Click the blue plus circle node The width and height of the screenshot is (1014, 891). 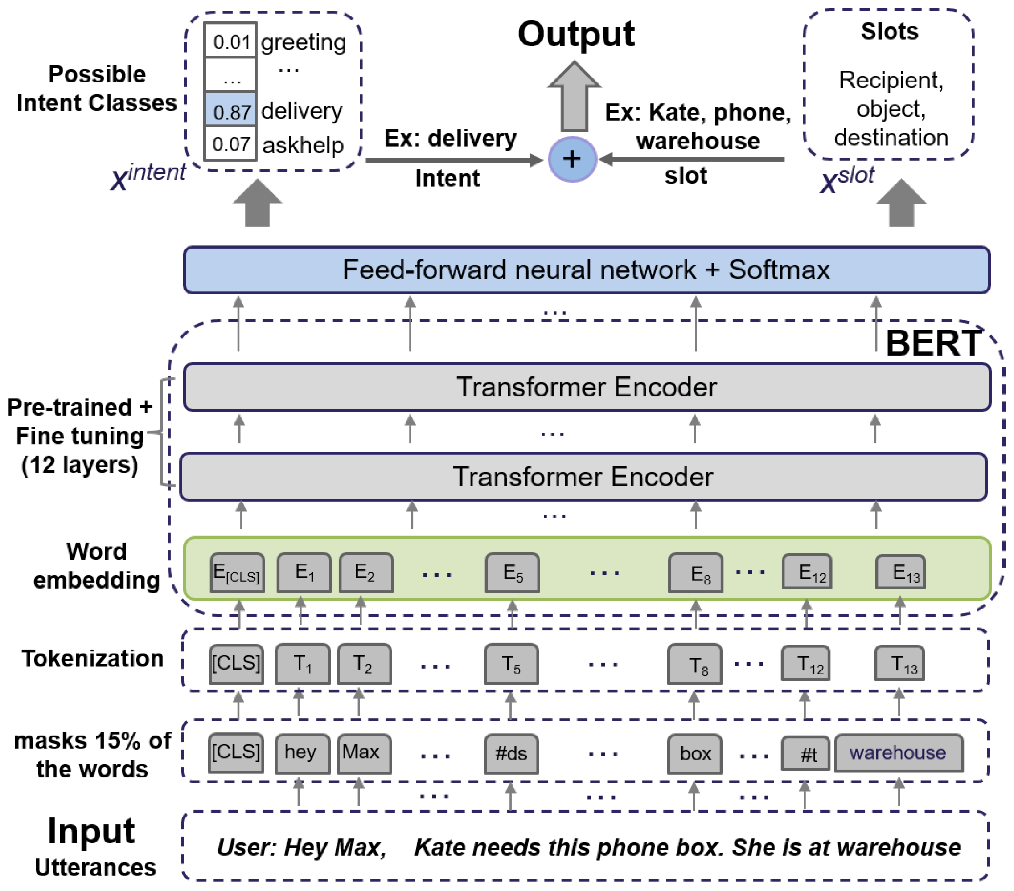tap(572, 159)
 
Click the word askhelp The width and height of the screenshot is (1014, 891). tap(303, 145)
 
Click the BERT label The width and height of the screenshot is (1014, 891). tap(932, 343)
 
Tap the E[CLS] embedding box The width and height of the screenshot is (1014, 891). tap(237, 572)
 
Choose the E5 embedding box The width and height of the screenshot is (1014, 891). tap(512, 572)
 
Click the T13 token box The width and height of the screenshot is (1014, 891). tap(899, 663)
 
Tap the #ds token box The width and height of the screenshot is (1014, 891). tap(511, 754)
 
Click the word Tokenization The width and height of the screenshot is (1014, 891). tap(93, 658)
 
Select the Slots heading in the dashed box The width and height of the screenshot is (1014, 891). tap(889, 31)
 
